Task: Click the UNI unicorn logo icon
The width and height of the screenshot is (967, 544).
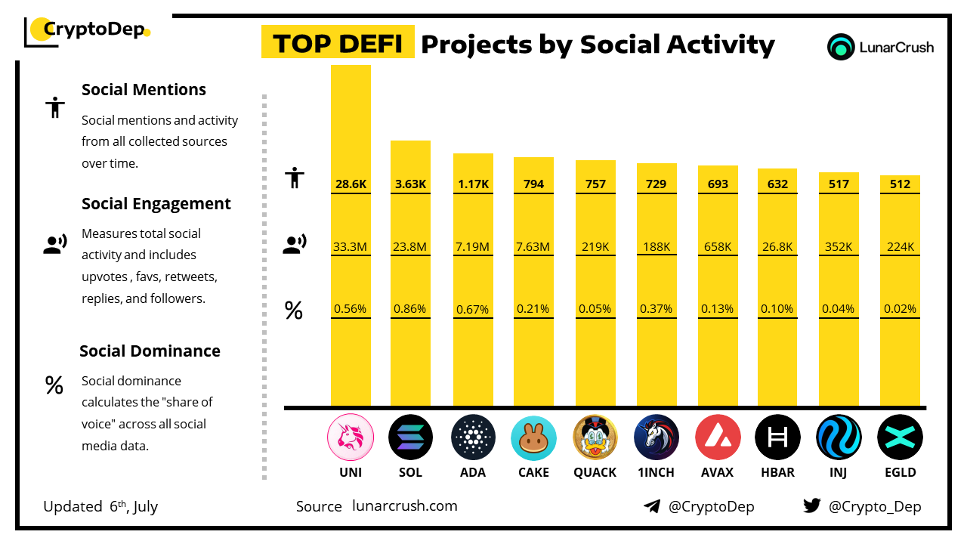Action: [x=351, y=437]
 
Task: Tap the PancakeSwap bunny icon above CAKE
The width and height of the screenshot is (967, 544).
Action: [x=533, y=437]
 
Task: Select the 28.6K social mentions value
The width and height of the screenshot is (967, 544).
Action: [x=351, y=184]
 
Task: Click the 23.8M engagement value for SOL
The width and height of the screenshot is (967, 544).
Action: [x=410, y=246]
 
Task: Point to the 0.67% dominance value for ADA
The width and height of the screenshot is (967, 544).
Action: [x=473, y=309]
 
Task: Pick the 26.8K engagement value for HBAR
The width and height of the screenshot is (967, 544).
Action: [x=777, y=246]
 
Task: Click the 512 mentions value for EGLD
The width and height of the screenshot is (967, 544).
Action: [x=900, y=184]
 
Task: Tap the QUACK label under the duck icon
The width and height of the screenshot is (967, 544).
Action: [x=595, y=472]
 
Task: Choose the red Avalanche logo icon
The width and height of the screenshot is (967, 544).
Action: [x=717, y=437]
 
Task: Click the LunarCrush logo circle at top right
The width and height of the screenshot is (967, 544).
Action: [x=840, y=47]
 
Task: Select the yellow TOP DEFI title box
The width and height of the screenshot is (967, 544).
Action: [x=338, y=43]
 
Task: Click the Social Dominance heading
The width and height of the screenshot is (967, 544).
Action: [x=150, y=351]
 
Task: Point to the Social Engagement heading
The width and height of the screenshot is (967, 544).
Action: [x=156, y=204]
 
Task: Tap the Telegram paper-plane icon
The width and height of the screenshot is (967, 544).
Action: [x=652, y=506]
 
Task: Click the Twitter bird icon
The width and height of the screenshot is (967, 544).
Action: [x=812, y=506]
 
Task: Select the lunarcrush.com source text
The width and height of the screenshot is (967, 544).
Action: [x=405, y=506]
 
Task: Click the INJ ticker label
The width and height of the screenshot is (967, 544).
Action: [x=839, y=472]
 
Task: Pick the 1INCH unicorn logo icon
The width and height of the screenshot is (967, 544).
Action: [x=656, y=437]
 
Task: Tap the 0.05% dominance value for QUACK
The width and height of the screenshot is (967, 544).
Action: [x=595, y=309]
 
